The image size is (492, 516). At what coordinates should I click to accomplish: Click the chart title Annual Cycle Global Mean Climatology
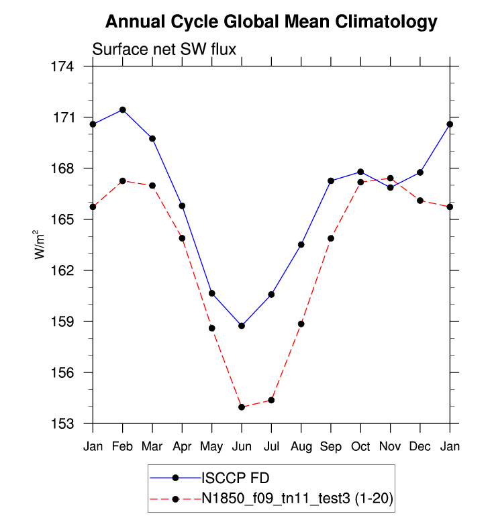[271, 23]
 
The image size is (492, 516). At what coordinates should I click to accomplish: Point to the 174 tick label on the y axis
[70, 66]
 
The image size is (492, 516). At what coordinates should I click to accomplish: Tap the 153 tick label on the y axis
[70, 423]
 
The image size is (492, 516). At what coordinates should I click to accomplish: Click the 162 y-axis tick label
[70, 270]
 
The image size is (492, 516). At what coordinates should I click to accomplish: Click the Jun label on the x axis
[242, 446]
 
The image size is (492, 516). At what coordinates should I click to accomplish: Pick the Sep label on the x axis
[331, 446]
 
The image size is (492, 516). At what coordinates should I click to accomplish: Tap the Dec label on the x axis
[420, 446]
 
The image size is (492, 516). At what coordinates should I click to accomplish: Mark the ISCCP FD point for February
[123, 109]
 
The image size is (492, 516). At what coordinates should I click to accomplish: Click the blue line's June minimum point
[242, 325]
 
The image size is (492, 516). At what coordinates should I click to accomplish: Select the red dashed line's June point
[242, 407]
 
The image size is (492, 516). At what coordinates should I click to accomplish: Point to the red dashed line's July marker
[271, 400]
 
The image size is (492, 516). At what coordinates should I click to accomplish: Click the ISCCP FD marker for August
[301, 244]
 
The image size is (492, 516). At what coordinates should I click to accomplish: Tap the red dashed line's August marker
[301, 323]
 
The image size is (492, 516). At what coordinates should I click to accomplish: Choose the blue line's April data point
[182, 205]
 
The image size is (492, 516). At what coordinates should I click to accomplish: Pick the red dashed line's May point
[212, 328]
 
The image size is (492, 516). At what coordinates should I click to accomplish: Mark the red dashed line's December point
[420, 201]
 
